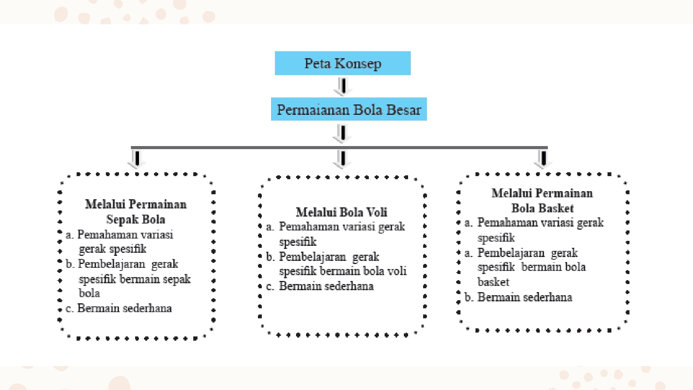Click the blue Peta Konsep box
[343, 63]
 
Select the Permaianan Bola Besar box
[349, 109]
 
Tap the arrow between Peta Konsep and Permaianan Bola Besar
[343, 87]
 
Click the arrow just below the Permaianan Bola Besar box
[342, 133]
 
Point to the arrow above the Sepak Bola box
[136, 159]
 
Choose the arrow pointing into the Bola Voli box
[342, 159]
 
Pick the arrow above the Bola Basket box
[543, 159]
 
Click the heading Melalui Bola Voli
[341, 212]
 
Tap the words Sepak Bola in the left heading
[136, 219]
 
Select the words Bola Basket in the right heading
[542, 208]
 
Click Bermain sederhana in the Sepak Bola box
[124, 308]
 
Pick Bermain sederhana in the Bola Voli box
[326, 286]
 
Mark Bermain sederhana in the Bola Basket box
[525, 297]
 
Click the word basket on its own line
[493, 282]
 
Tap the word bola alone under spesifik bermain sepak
[89, 293]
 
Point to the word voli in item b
[397, 271]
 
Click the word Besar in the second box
[403, 109]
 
